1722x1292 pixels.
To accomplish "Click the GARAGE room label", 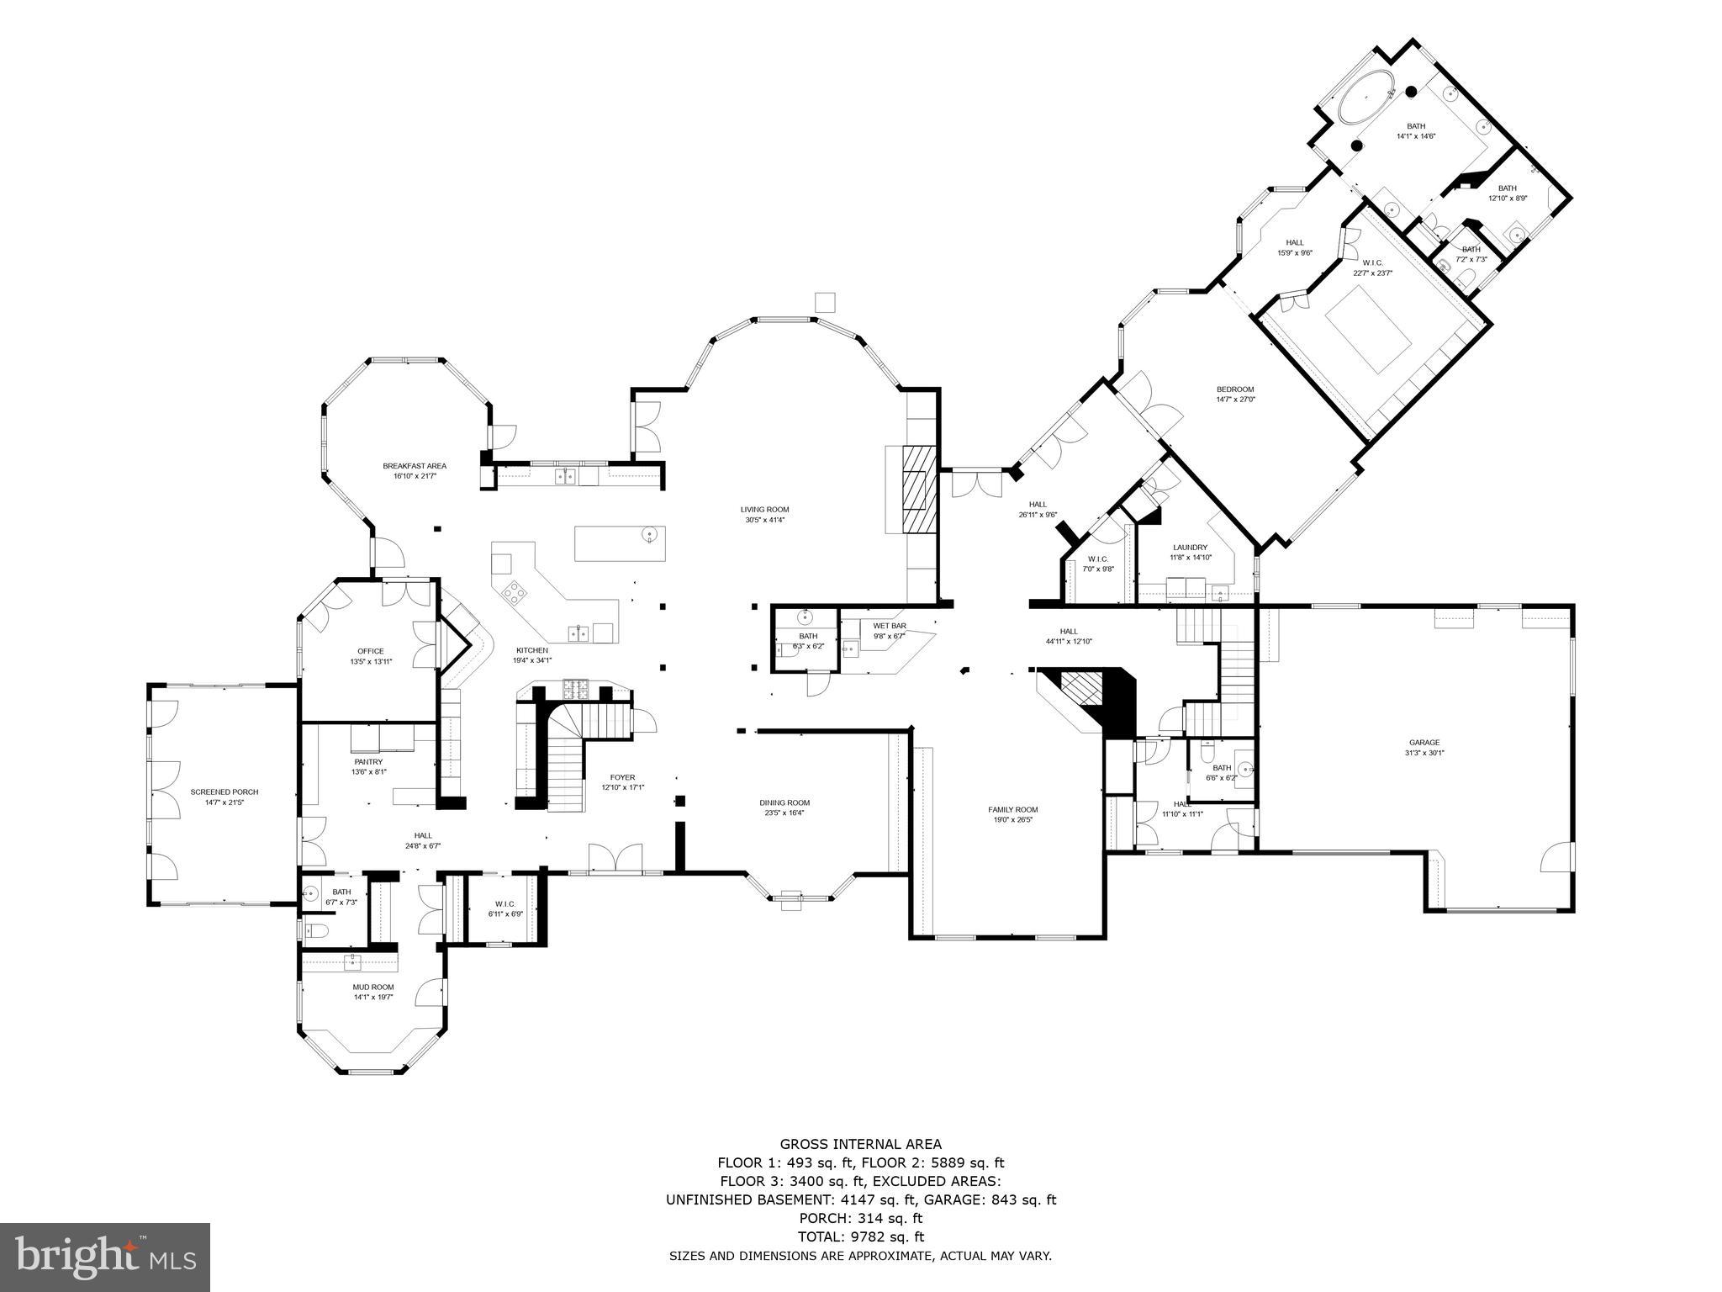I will [1424, 743].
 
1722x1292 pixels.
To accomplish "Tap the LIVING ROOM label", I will [764, 509].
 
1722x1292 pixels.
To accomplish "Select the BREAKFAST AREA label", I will [415, 466].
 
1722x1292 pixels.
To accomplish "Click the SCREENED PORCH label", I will [224, 792].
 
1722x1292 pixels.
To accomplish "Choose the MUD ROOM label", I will [373, 987].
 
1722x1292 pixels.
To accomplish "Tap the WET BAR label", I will [889, 626].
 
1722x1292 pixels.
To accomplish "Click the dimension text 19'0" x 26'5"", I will [1012, 819].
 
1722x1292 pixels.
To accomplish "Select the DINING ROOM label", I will [784, 802].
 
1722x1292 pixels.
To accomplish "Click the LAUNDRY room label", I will [1190, 547].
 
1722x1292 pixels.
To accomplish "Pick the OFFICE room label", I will [370, 651].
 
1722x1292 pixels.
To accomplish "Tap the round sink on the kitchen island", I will [649, 535].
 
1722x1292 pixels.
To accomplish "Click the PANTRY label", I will [368, 762].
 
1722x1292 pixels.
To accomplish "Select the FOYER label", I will [622, 777].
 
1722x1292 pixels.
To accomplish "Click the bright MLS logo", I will [104, 1257].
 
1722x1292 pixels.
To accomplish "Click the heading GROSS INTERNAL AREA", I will [860, 1144].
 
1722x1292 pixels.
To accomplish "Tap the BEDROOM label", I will [1235, 389].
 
